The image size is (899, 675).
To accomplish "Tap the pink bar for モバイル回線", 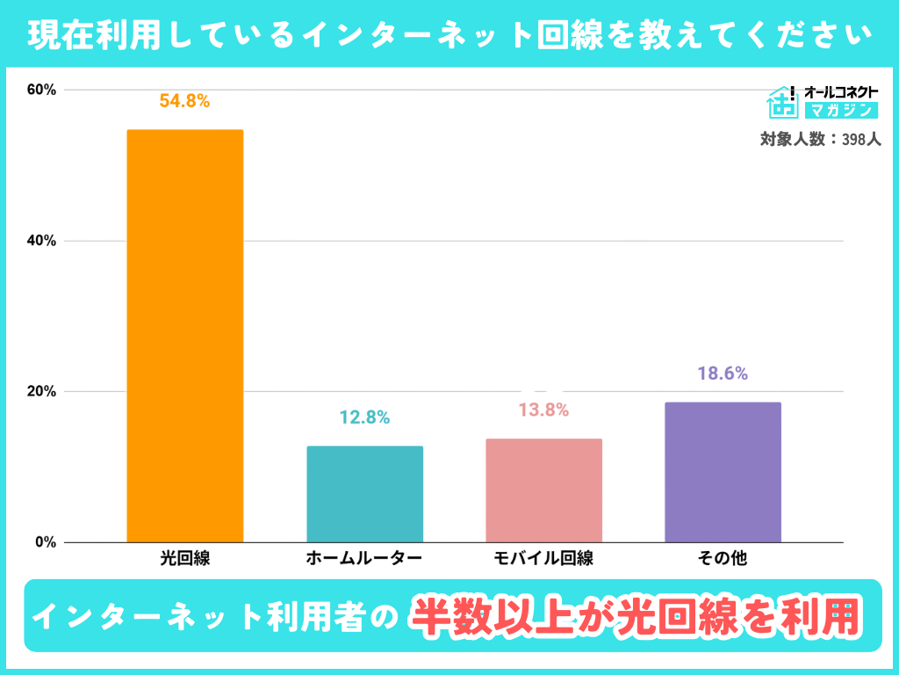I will pos(543,490).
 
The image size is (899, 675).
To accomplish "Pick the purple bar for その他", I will pos(723,472).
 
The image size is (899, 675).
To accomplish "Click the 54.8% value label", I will pos(184,101).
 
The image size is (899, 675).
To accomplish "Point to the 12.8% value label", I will pos(364,417).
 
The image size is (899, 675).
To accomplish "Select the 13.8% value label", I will pos(543,410).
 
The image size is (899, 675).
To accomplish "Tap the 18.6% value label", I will pos(723,374).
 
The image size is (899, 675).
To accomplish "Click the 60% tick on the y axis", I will pos(41,90).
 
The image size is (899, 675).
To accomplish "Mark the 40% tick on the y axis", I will pos(41,241).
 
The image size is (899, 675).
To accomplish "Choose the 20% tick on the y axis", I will pos(41,391).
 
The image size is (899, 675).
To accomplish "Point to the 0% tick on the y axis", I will pos(45,542).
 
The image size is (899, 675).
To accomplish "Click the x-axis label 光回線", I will pos(184,558).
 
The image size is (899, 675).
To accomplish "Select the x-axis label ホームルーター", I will pos(364,558).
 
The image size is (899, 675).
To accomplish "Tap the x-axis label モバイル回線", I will pos(543,558).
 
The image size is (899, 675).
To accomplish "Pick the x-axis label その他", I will pos(723,558).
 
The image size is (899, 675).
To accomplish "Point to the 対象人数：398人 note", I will pos(820,139).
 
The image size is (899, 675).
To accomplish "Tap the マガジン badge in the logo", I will pos(840,111).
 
